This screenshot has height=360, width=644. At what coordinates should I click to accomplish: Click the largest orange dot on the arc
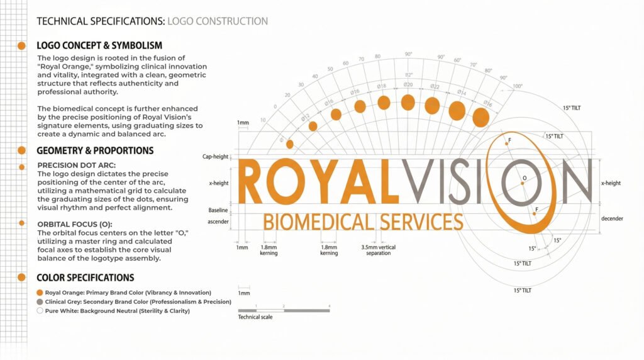click(x=480, y=116)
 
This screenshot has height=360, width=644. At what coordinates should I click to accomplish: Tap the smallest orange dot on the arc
click(x=289, y=144)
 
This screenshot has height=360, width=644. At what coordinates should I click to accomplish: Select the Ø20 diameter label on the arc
click(x=408, y=84)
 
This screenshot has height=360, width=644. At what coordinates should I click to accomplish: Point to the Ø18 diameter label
click(x=381, y=86)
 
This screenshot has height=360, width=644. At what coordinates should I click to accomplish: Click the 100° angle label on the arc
click(x=518, y=86)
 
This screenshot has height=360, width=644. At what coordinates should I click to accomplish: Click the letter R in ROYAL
click(x=253, y=182)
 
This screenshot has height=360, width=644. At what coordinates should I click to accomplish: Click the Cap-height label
click(x=215, y=157)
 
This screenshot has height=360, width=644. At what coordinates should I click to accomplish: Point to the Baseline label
click(x=218, y=210)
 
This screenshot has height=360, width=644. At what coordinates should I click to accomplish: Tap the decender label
click(x=612, y=218)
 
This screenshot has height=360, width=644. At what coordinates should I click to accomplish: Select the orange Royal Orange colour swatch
click(x=40, y=293)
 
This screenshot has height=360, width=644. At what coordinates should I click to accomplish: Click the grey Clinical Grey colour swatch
click(x=40, y=301)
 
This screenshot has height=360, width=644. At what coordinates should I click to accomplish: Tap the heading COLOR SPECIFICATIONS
click(x=86, y=278)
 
